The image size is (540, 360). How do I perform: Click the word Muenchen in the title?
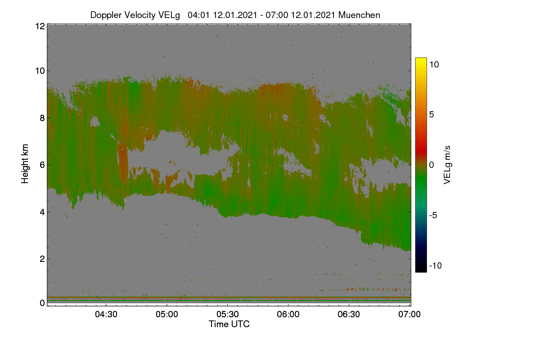point(359,15)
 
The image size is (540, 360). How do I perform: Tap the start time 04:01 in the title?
point(199,15)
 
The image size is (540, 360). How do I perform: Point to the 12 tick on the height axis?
point(40,26)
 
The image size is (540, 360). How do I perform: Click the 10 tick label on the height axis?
point(40,71)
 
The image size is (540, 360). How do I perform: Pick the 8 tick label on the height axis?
point(42,118)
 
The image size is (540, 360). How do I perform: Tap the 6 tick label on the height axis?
point(42,165)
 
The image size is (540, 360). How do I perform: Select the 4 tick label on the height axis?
point(42,212)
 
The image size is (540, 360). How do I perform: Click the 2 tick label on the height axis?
point(42,259)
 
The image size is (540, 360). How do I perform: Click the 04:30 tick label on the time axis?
point(106,314)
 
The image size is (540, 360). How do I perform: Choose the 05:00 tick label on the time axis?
point(167,314)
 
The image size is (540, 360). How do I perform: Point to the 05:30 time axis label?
point(228,314)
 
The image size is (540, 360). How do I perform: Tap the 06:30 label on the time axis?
point(349,314)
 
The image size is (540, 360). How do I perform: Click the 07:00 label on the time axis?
point(409,314)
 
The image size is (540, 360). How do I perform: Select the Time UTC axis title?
point(229,324)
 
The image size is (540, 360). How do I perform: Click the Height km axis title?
point(25,164)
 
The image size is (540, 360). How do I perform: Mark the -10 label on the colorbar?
point(436,265)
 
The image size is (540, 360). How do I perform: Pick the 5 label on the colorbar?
point(432,115)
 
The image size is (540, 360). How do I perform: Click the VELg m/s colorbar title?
point(447,165)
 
